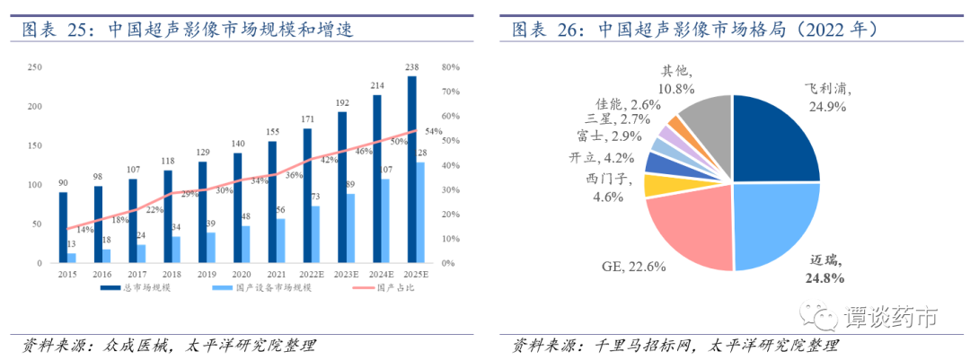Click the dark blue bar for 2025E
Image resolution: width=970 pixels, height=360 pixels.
pyautogui.click(x=411, y=170)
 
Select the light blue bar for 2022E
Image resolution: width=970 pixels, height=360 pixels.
pyautogui.click(x=316, y=234)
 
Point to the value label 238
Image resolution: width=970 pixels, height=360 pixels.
pyautogui.click(x=412, y=67)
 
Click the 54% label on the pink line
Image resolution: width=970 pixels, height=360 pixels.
pyautogui.click(x=433, y=131)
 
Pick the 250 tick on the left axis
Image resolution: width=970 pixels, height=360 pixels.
pyautogui.click(x=35, y=67)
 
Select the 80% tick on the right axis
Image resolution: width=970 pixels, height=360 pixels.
pyautogui.click(x=451, y=67)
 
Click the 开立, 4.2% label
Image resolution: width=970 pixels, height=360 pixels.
pyautogui.click(x=597, y=158)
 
